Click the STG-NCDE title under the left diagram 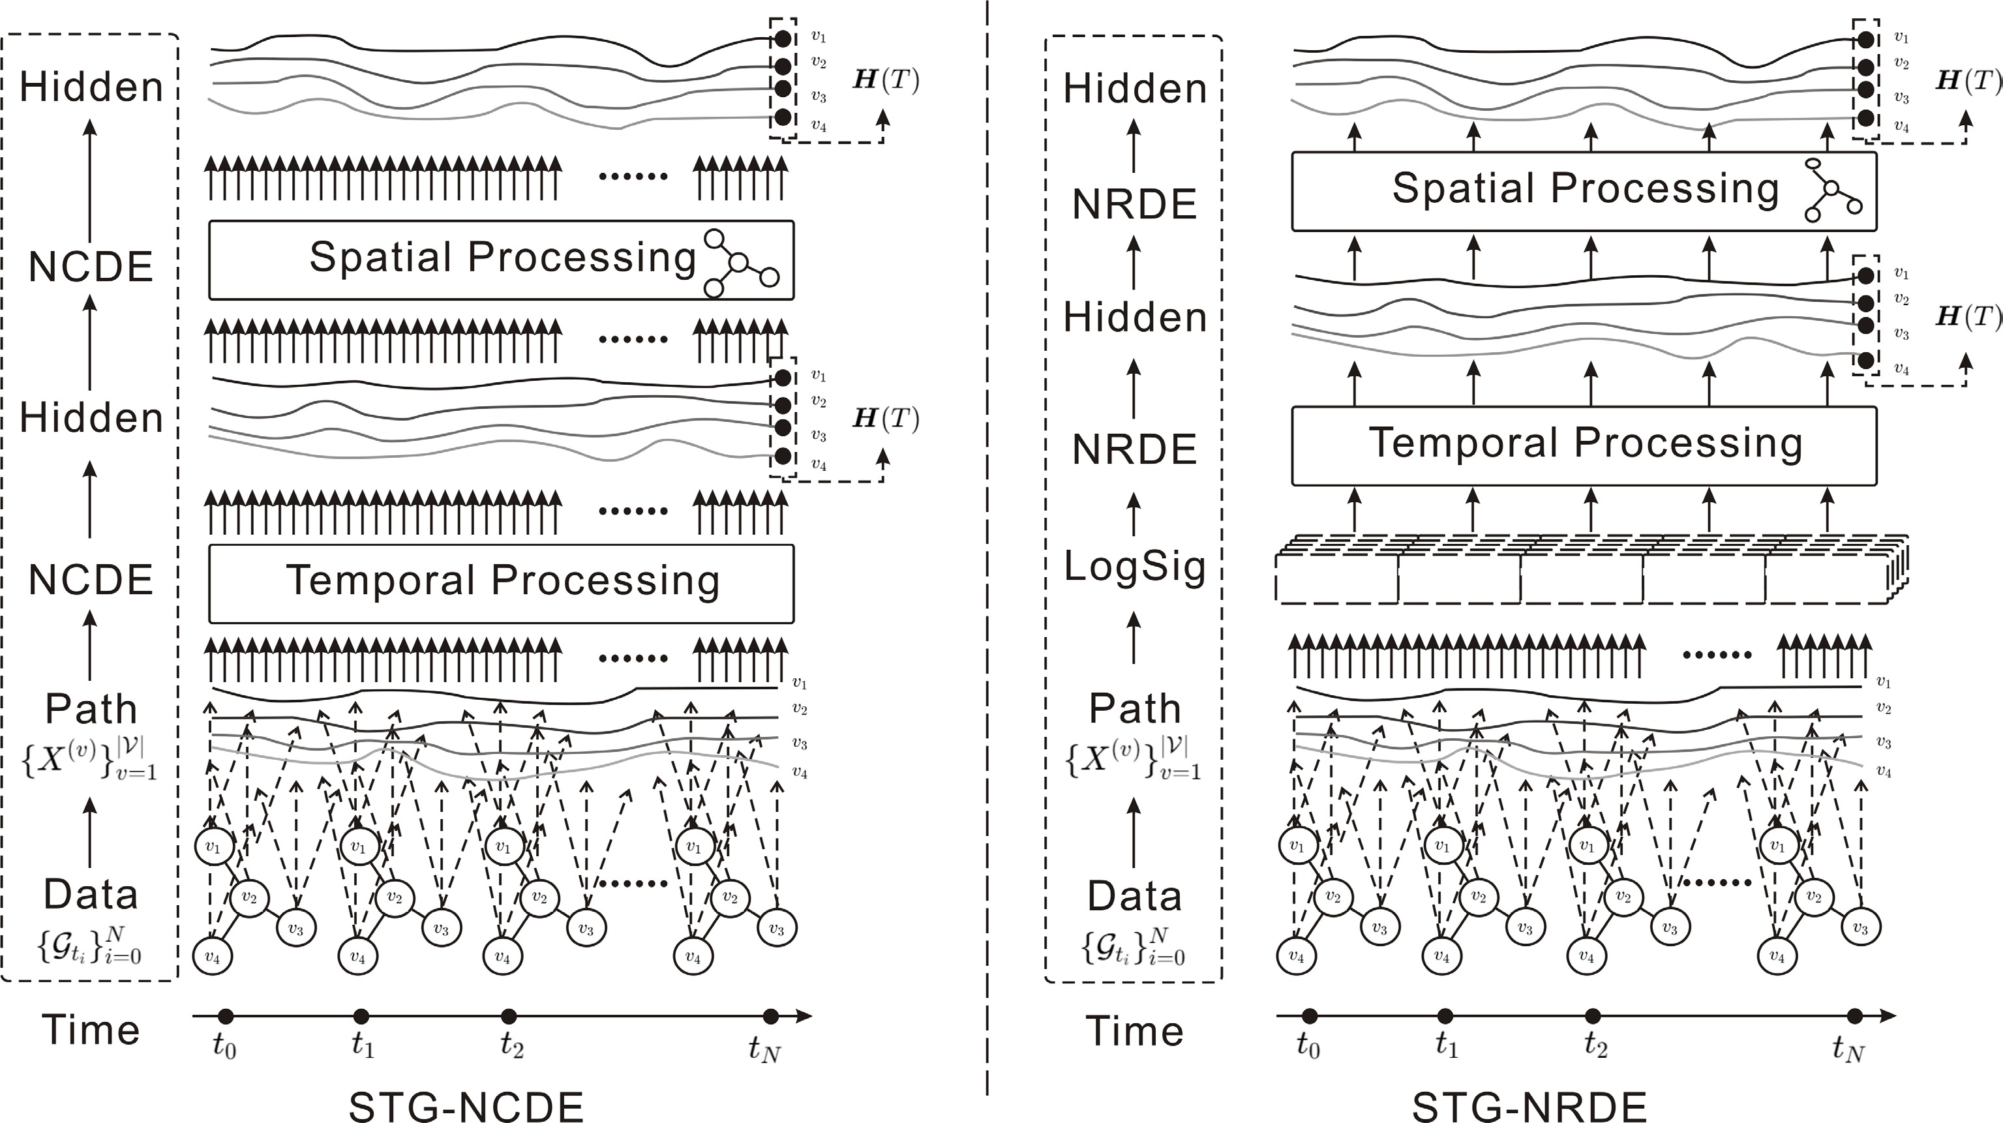[x=466, y=1106]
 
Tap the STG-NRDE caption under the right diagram [x=1529, y=1106]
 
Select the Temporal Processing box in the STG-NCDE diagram [x=502, y=583]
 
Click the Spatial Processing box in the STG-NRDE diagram [x=1584, y=191]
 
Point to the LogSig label [x=1134, y=566]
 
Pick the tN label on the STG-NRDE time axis [x=1849, y=1050]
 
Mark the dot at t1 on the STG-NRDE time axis [x=1445, y=1015]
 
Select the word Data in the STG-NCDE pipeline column [x=90, y=894]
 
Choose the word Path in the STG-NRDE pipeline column [x=1134, y=708]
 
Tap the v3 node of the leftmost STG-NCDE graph [x=295, y=928]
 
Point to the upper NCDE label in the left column [x=90, y=267]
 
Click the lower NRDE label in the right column [x=1134, y=449]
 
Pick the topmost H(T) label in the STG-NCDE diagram [x=886, y=80]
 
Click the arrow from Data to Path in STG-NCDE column [x=90, y=833]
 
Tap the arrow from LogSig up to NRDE [x=1134, y=513]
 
